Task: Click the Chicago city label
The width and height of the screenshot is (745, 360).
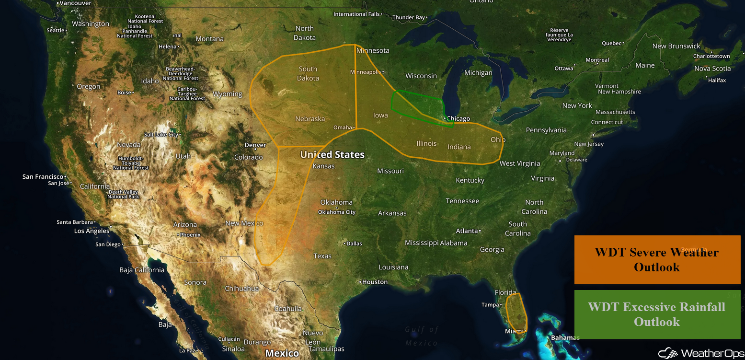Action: (x=458, y=118)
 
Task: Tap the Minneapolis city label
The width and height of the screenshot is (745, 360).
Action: (x=366, y=72)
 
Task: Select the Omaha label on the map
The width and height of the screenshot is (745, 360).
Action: (x=343, y=128)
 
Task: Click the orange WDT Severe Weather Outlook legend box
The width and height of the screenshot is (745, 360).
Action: (x=657, y=259)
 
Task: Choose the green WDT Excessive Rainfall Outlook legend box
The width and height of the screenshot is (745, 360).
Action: (x=657, y=314)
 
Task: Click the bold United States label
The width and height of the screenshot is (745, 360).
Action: (x=332, y=154)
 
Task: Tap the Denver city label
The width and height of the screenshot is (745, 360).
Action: (x=255, y=145)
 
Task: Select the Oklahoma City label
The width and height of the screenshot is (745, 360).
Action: (x=337, y=212)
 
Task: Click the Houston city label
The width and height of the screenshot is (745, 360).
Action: (x=375, y=282)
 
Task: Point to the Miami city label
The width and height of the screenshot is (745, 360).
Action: (x=515, y=331)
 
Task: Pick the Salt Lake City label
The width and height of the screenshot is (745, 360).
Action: (x=161, y=135)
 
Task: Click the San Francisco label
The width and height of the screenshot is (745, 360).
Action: (x=43, y=177)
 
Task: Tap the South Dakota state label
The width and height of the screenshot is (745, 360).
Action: (x=308, y=73)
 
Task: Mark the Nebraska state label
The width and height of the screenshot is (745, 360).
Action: (x=310, y=119)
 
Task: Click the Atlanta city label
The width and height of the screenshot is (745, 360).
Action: (x=467, y=231)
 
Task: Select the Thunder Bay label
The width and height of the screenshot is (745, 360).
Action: (x=409, y=18)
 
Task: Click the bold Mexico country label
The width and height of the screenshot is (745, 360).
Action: (x=282, y=353)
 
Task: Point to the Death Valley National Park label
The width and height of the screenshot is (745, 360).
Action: (x=124, y=194)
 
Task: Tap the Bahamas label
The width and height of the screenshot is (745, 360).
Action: (x=565, y=337)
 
